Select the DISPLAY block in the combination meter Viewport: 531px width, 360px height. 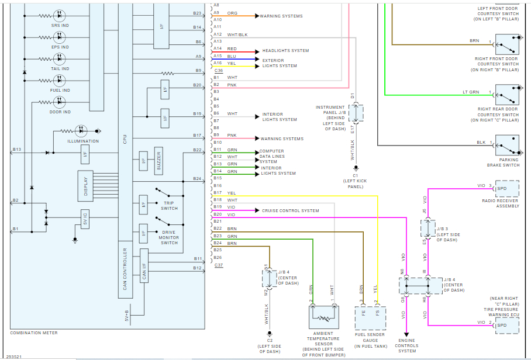(x=85, y=186)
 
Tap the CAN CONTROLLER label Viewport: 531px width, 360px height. (x=125, y=269)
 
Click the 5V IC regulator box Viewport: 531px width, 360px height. (x=85, y=219)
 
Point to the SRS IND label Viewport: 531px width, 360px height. (x=60, y=26)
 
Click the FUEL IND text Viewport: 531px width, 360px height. (x=60, y=91)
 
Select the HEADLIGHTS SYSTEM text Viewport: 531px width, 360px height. (x=285, y=51)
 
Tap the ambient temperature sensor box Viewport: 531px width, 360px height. (x=324, y=318)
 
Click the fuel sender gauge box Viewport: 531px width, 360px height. (x=370, y=318)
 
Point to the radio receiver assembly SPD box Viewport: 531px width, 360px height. (x=506, y=189)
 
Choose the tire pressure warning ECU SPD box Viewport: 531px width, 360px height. (x=506, y=325)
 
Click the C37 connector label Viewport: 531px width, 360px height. (x=219, y=265)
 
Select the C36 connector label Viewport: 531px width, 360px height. (x=219, y=71)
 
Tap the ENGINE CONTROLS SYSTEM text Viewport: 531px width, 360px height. (x=407, y=345)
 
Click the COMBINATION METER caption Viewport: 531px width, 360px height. (x=34, y=333)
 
